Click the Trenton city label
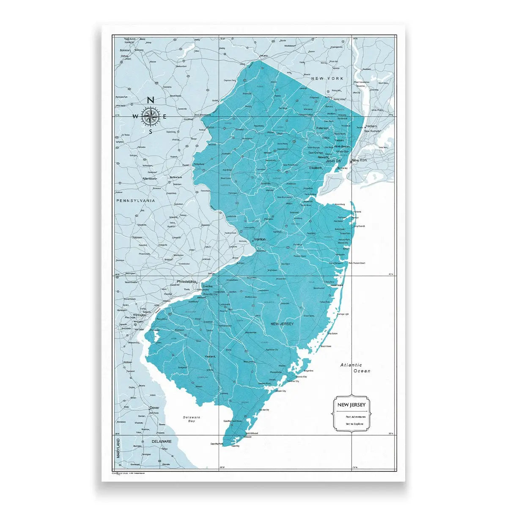260,239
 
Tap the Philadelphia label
187,281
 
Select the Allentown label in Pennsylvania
150,179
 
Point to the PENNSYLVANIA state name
135,201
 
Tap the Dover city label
154,408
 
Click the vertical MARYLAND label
118,448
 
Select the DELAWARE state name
162,441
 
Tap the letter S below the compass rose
150,131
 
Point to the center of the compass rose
150,116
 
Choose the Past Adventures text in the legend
349,417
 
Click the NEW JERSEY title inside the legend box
351,405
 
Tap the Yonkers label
371,126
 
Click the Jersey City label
333,161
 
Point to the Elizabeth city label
316,168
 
